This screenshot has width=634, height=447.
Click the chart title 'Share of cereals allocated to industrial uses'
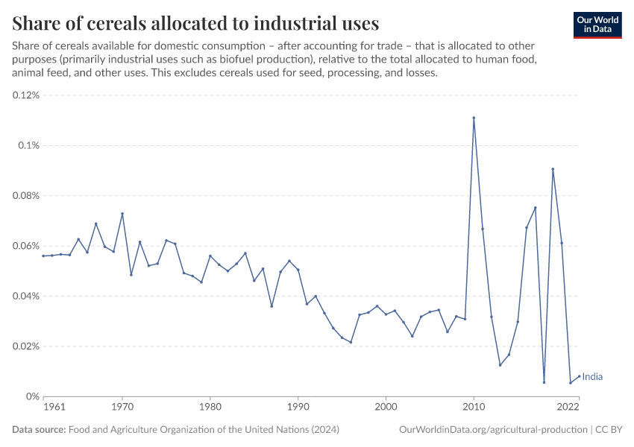(x=195, y=22)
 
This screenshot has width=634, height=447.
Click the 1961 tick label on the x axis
(x=54, y=408)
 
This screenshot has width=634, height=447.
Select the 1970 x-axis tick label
(x=122, y=408)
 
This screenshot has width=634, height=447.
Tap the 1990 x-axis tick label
(x=298, y=408)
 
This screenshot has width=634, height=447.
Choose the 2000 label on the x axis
(x=386, y=408)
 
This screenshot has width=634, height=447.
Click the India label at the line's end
(x=592, y=377)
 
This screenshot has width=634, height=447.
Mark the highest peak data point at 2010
(x=474, y=118)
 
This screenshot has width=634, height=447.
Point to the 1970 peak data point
(x=122, y=214)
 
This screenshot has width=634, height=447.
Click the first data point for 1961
(x=43, y=256)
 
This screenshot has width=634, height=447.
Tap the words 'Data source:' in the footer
(x=39, y=430)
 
